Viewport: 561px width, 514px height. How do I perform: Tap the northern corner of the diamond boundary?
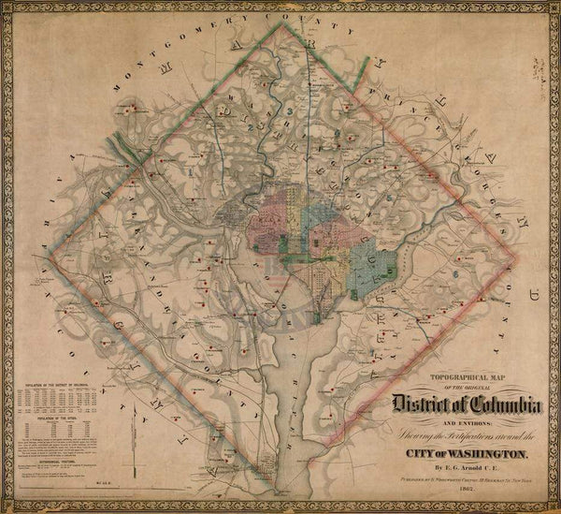pos(280,23)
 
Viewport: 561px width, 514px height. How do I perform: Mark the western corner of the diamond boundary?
pos(50,254)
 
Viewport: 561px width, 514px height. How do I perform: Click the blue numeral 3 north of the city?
pos(291,112)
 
